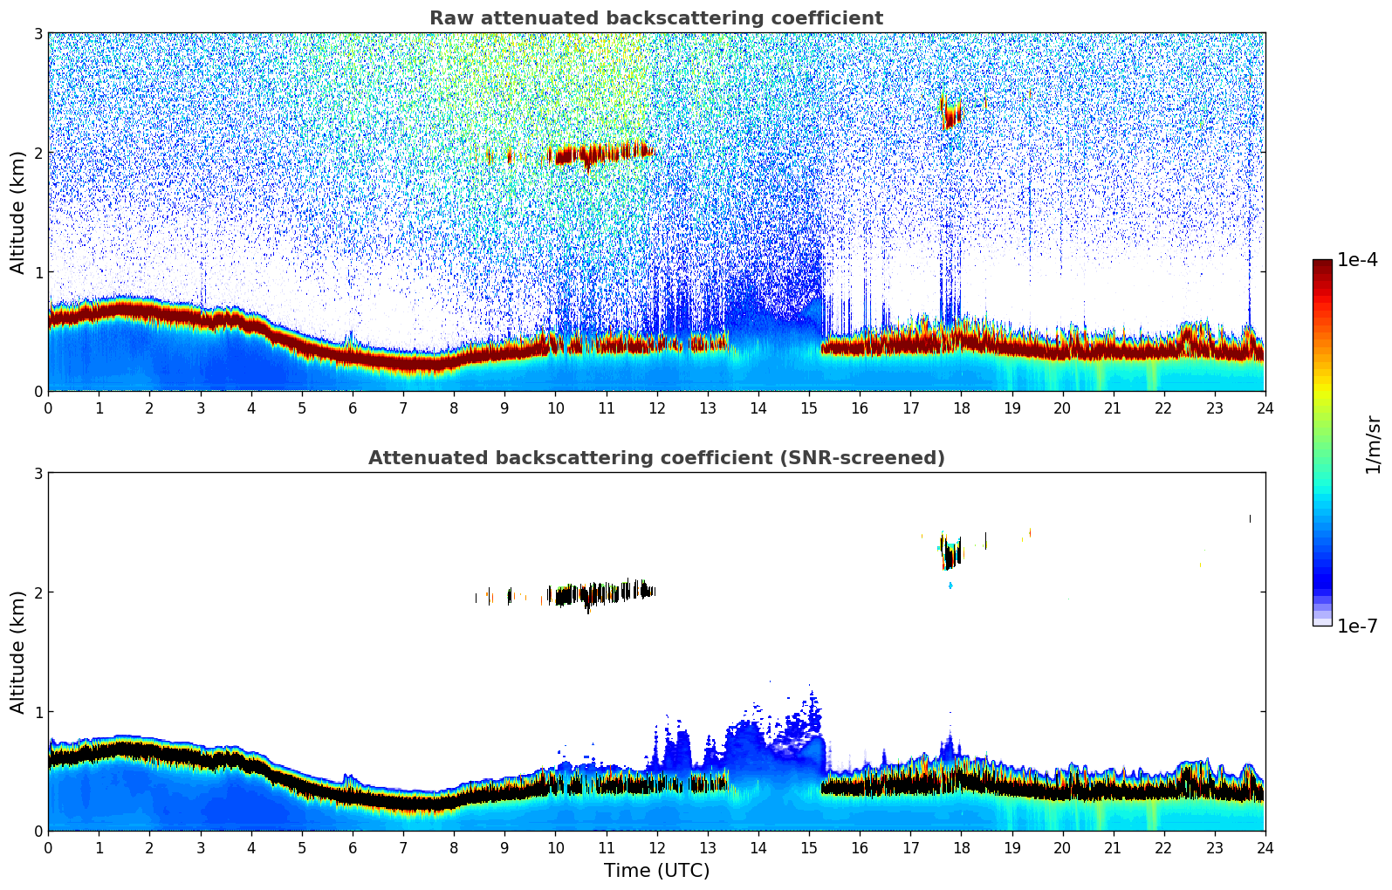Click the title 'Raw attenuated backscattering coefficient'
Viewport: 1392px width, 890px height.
[655, 18]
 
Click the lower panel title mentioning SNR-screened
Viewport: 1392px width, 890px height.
[655, 458]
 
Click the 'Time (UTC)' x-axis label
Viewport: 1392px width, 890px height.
[656, 871]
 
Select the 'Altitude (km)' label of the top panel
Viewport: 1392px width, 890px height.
[17, 212]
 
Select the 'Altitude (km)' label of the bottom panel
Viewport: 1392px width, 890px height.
[17, 652]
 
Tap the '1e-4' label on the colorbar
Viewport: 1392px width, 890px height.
[1357, 260]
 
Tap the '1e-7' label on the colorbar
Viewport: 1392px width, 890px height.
[1357, 626]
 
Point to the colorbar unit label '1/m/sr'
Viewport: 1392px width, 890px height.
[1373, 445]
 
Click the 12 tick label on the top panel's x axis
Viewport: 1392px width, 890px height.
[656, 407]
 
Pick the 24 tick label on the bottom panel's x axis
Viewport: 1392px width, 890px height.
[1265, 847]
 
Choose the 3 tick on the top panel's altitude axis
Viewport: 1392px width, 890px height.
[38, 33]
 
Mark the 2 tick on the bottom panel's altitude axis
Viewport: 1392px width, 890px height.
[38, 592]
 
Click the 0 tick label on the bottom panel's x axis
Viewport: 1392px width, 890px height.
[48, 847]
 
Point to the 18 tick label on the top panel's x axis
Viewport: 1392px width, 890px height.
[961, 407]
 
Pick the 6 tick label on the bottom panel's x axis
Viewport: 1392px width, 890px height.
[353, 847]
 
